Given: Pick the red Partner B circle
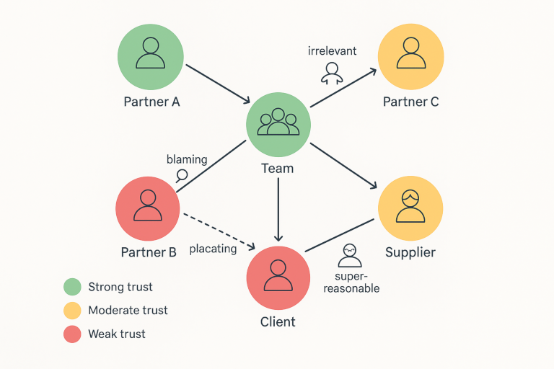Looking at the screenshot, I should tap(148, 208).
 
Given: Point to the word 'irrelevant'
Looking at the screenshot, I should tap(333, 51).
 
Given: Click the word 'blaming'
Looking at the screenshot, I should tap(187, 159).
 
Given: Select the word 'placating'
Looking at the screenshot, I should tap(213, 249).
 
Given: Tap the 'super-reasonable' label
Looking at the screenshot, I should tap(356, 283).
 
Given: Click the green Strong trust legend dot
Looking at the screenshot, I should tap(71, 287).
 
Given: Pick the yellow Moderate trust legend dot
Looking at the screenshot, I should tap(71, 311).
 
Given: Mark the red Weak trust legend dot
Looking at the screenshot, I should tap(71, 334).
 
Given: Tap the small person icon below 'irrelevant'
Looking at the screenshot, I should tap(331, 72).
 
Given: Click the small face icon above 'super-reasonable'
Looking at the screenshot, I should tap(350, 254).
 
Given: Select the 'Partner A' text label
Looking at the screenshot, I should tap(151, 102).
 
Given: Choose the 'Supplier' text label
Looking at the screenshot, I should tap(410, 252).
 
